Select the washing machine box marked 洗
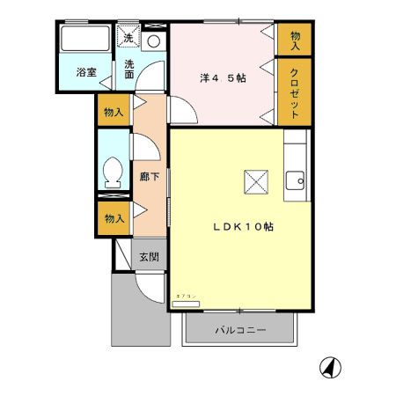pos(128,38)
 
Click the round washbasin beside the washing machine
pos(153,40)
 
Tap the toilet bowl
pos(113,172)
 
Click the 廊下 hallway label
pos(150,176)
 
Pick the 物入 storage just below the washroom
pos(114,112)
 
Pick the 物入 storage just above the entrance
pos(114,217)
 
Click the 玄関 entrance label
pos(149,257)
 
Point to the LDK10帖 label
pos(243,226)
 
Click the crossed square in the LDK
pos(256,182)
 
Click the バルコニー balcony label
pos(240,331)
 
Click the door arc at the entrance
pos(151,286)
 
